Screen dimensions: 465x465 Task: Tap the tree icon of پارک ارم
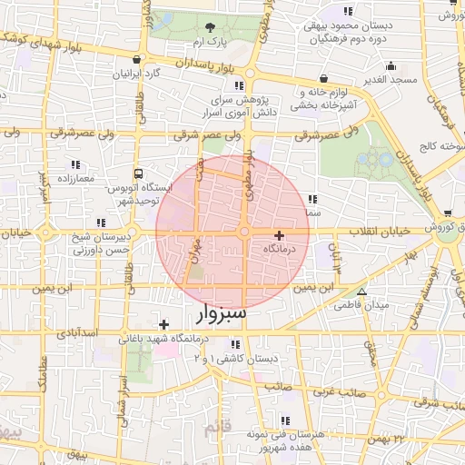pos(211,27)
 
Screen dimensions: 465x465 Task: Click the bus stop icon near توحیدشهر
pos(139,173)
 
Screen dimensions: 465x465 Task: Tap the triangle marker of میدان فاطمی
pos(361,292)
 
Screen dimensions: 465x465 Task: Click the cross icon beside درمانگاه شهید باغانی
pos(163,324)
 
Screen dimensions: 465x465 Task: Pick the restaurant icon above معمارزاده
pos(74,164)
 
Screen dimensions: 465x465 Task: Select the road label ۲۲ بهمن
pos(400,439)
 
